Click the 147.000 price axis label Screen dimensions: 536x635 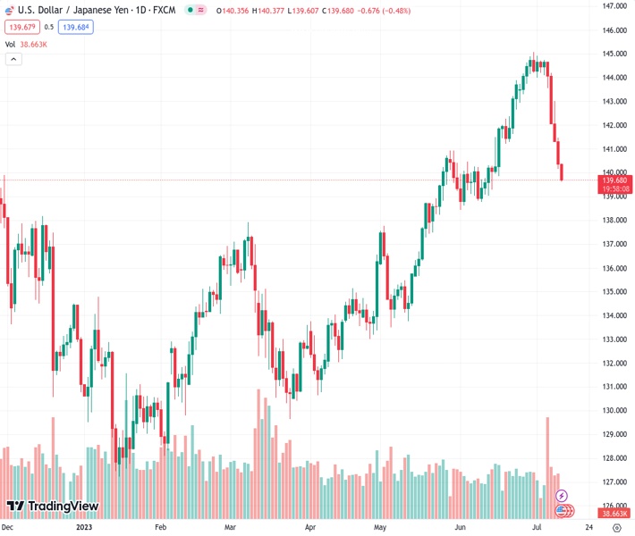tap(614, 6)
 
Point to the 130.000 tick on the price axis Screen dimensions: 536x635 tap(614, 411)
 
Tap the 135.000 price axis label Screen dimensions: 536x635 tap(614, 292)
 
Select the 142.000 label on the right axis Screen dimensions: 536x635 tap(614, 125)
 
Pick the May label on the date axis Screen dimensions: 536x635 tap(379, 527)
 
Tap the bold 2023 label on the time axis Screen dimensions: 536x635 tap(83, 527)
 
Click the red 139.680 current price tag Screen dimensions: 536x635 tap(614, 180)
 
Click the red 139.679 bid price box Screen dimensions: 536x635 tap(20, 27)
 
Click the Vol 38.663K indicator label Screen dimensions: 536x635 tap(28, 44)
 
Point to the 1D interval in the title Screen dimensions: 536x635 tap(140, 9)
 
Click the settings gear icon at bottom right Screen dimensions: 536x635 tap(616, 527)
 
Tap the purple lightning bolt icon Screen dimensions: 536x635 tap(562, 495)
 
